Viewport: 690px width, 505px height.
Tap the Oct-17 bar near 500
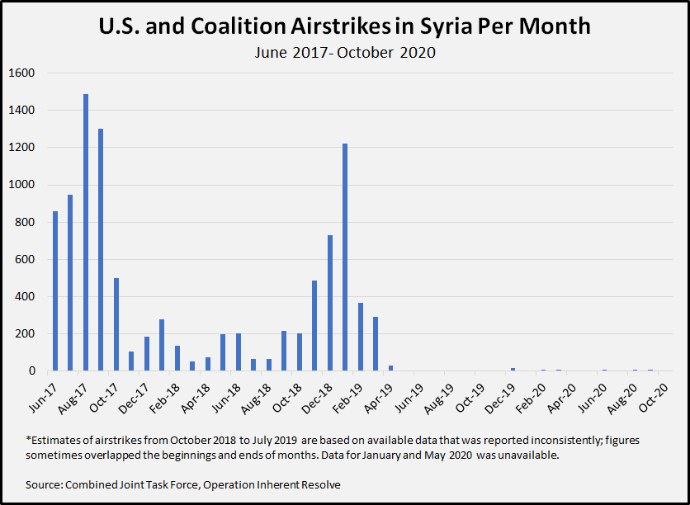click(116, 324)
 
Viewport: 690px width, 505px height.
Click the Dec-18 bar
click(330, 303)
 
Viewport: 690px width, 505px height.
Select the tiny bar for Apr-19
click(390, 368)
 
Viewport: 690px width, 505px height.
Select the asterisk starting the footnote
click(28, 440)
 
